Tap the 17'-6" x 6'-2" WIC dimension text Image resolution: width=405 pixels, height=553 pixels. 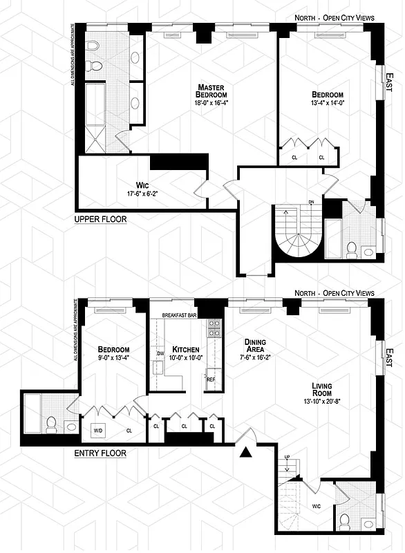(x=143, y=194)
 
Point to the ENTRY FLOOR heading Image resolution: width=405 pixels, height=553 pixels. (x=100, y=453)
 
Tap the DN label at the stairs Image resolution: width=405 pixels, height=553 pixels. (x=311, y=203)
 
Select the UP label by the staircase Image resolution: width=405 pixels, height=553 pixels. (x=287, y=458)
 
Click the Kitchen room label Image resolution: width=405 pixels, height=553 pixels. (x=186, y=350)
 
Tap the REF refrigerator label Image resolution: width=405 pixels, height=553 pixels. (x=210, y=379)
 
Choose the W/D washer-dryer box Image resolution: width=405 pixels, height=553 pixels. (x=97, y=429)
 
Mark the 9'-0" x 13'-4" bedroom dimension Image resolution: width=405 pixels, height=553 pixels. (x=111, y=358)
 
